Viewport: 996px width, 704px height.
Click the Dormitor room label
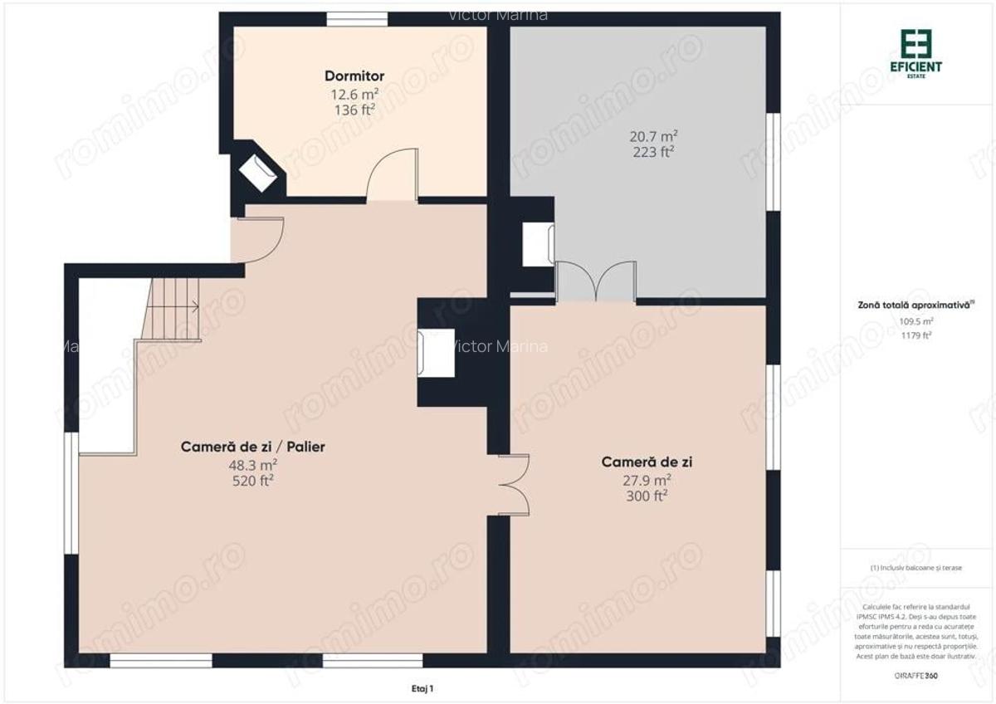tap(354, 76)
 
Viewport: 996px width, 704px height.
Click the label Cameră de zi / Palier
tap(253, 447)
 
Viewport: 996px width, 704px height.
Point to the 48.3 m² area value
tap(253, 464)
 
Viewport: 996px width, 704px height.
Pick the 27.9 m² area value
tap(648, 480)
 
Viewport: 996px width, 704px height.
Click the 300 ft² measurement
tap(648, 496)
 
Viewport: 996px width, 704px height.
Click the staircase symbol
tap(172, 308)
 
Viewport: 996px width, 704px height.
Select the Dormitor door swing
tap(391, 174)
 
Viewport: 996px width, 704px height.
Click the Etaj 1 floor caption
tap(422, 688)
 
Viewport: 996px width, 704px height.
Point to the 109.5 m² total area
tap(916, 320)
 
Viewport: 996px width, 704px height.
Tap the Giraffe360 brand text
tap(915, 676)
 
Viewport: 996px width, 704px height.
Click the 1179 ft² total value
tap(916, 335)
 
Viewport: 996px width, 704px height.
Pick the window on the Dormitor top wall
tap(356, 19)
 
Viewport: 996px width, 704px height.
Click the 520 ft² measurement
tap(253, 480)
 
